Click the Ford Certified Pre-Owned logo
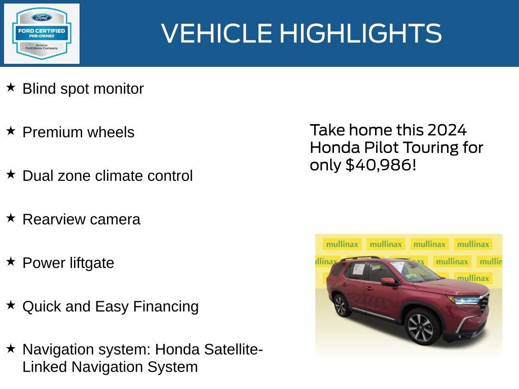pos(42,33)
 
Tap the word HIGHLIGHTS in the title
pos(360,33)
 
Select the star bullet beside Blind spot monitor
pos(11,88)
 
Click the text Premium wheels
pos(79,132)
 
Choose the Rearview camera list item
pos(82,219)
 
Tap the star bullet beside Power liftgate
pos(11,262)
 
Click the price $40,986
pos(378,165)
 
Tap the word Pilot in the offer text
pos(376,148)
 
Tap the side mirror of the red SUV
pos(388,281)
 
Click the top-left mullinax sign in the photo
pos(342,244)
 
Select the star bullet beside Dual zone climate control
pos(11,175)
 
